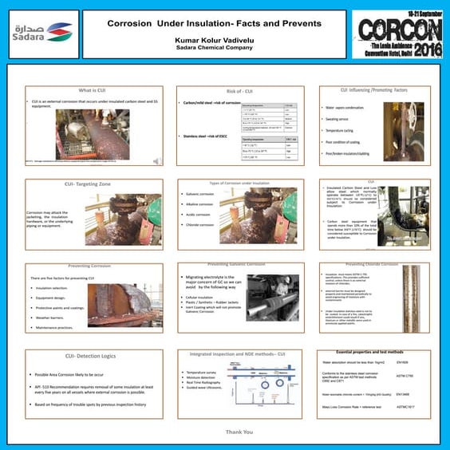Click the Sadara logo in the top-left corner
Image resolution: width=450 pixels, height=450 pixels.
[41, 32]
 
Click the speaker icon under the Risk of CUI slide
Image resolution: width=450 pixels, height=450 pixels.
[156, 160]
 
